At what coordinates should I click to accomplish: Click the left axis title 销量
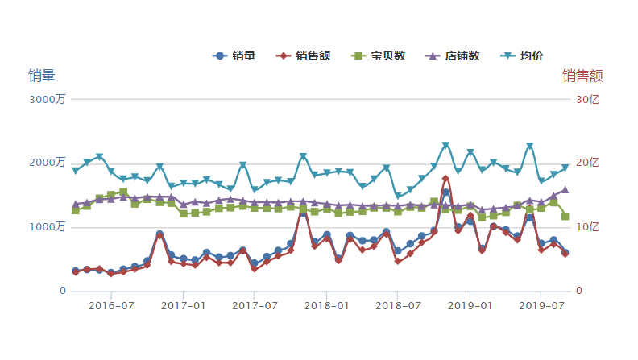pos(42,76)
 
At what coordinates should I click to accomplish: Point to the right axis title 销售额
pos(582,76)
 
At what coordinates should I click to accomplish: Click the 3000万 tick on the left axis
pos(49,99)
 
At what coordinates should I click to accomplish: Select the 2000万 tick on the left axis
pos(49,163)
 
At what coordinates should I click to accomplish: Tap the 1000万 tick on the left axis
pos(49,226)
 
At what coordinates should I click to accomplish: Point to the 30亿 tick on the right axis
pos(586,99)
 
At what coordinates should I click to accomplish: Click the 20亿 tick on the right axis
pos(586,163)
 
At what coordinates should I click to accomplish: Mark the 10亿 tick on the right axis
pos(586,226)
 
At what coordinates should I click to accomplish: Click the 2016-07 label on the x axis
pos(111,305)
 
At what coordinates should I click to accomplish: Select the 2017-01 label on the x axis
pos(184,305)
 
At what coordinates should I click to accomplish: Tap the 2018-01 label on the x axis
pos(326,305)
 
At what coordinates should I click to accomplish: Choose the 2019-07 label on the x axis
pos(541,305)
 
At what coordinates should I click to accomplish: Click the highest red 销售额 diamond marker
pos(445,179)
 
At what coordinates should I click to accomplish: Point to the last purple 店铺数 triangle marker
pos(565,190)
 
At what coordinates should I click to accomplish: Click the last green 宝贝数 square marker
pos(565,217)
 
